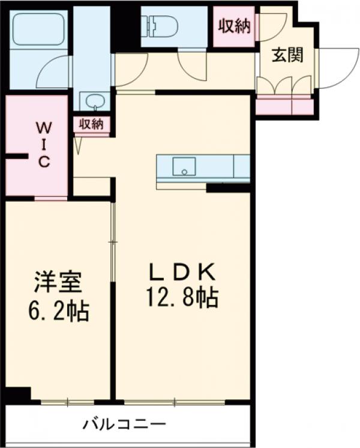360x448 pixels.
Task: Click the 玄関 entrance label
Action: click(x=286, y=55)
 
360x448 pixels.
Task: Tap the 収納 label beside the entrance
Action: click(x=233, y=26)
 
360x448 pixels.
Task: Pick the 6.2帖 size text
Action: click(x=58, y=310)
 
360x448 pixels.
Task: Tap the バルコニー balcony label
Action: click(x=124, y=425)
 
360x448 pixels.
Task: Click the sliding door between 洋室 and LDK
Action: click(x=112, y=241)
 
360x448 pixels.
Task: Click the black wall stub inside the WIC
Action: click(x=17, y=157)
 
